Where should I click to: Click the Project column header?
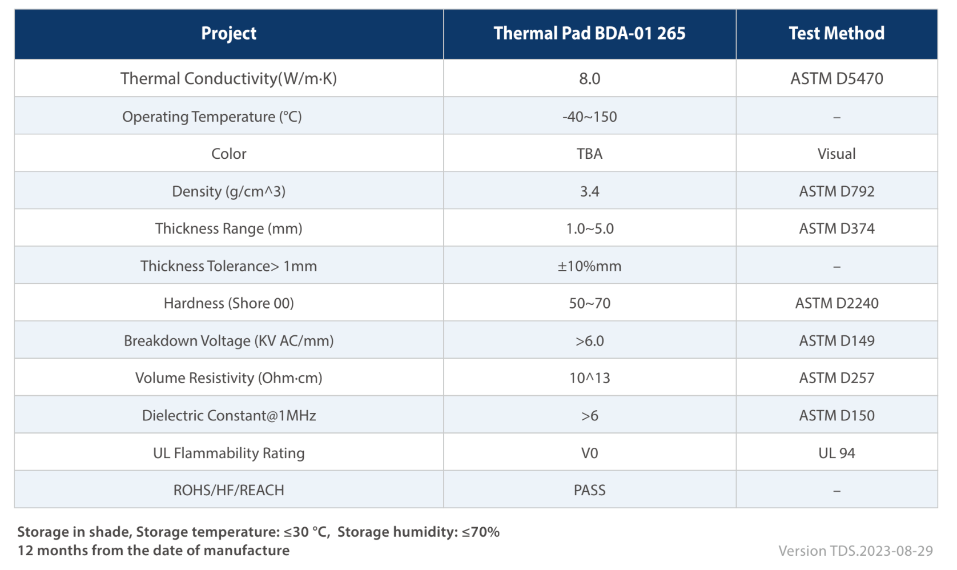pos(228,33)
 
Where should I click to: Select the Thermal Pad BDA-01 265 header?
pos(590,33)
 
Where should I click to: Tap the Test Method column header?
pos(837,33)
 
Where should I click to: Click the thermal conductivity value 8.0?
pos(590,79)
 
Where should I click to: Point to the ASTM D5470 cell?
pos(837,79)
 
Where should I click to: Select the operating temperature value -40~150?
pos(590,117)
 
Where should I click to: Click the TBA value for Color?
pos(590,154)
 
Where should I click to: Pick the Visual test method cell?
pos(837,154)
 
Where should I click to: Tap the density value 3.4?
pos(590,191)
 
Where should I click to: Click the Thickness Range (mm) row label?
pos(228,228)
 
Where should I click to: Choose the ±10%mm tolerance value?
pos(590,266)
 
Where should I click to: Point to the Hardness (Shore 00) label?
pos(228,303)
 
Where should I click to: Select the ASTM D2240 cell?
pos(837,303)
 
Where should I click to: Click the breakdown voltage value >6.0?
pos(590,341)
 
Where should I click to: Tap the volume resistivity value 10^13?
pos(590,378)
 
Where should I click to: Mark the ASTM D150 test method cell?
pos(837,415)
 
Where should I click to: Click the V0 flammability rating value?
pos(590,453)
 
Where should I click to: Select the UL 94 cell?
pos(837,453)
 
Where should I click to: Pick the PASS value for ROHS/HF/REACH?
pos(590,490)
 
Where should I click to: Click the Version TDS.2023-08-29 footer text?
pos(856,551)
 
